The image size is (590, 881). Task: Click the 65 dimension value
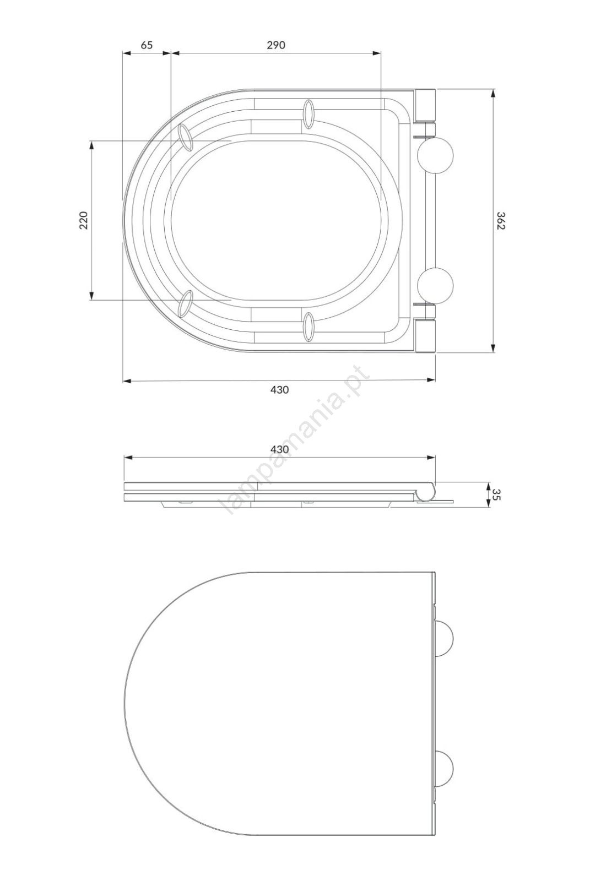tap(147, 45)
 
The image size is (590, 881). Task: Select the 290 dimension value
tap(276, 45)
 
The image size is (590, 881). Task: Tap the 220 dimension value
tap(84, 220)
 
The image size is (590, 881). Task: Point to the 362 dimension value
tap(500, 221)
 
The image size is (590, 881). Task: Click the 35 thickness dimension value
tap(496, 494)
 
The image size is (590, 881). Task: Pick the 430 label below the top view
tap(279, 389)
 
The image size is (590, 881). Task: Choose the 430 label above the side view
tap(279, 449)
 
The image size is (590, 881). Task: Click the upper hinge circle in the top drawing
tap(435, 156)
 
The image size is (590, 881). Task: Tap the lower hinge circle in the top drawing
tap(435, 285)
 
